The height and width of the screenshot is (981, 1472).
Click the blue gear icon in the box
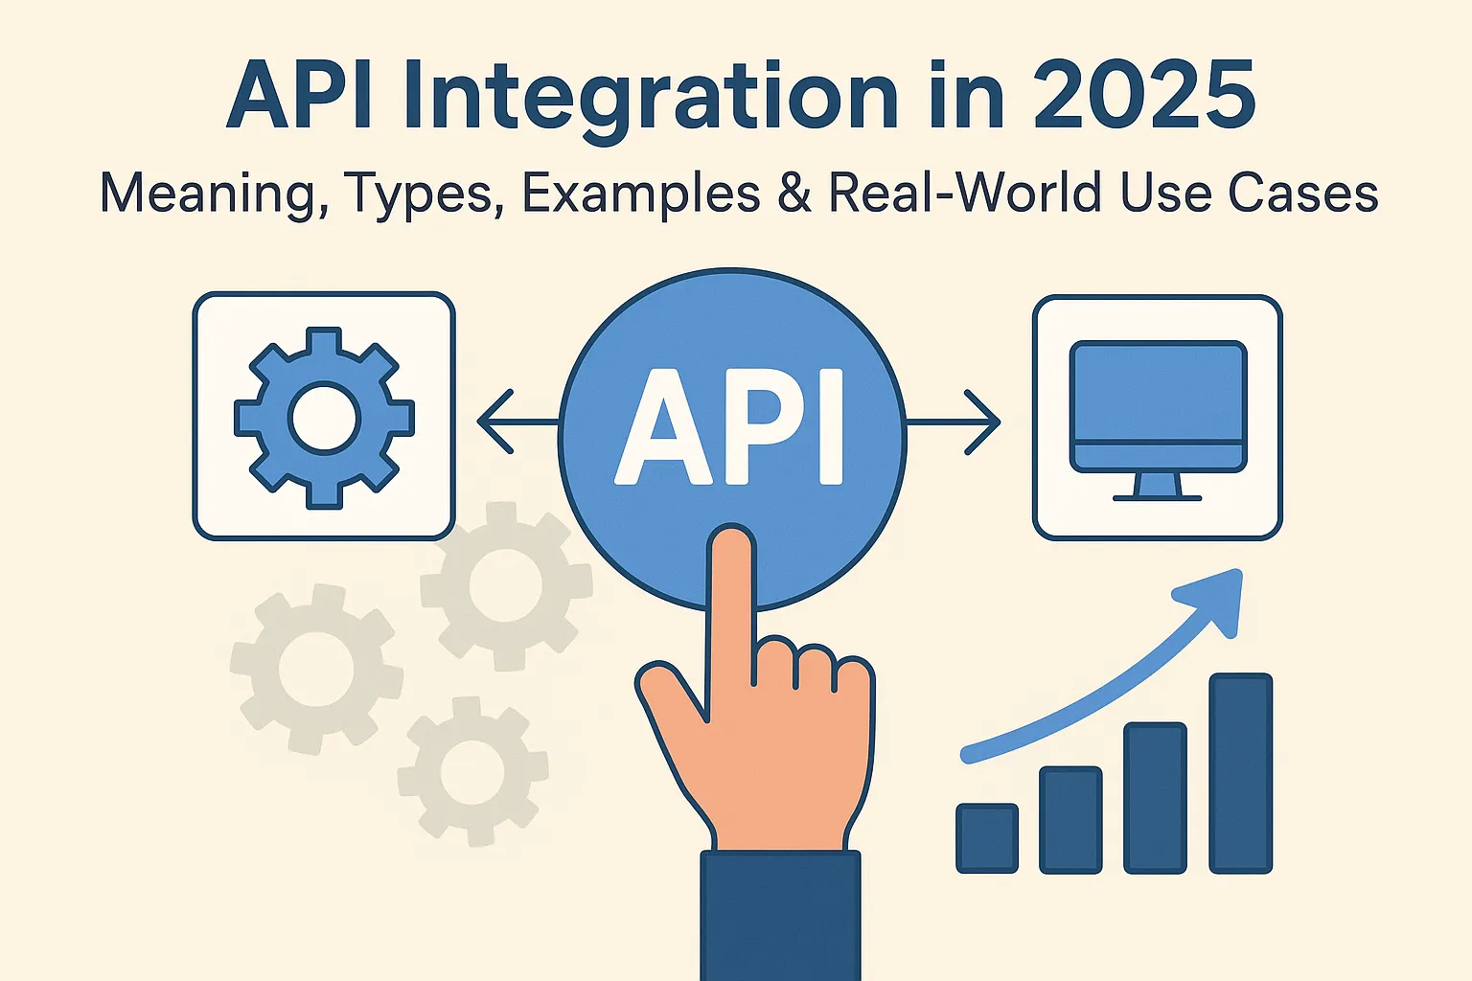(x=324, y=418)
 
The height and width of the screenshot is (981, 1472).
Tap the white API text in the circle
(x=730, y=426)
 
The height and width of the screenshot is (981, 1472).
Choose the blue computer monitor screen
(x=1158, y=393)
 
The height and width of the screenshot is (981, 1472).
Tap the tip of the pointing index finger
(x=731, y=546)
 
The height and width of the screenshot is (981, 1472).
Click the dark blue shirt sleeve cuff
(x=780, y=910)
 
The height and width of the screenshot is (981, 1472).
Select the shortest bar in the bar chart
(x=987, y=837)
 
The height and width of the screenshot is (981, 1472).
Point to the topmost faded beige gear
(x=505, y=583)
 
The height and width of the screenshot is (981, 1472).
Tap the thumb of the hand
(x=671, y=699)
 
